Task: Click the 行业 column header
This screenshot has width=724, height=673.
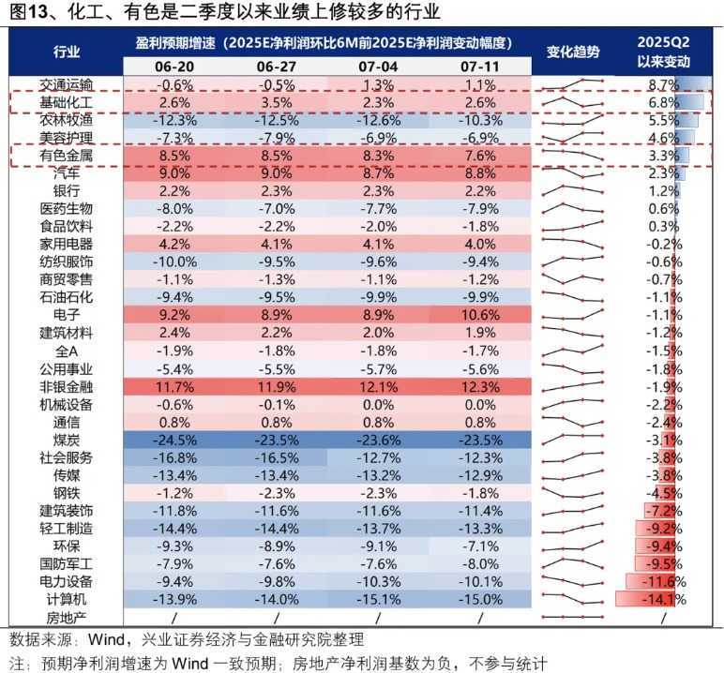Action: [x=67, y=52]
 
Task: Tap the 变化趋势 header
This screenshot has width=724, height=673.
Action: [x=573, y=52]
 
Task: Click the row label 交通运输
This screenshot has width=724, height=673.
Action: [x=67, y=85]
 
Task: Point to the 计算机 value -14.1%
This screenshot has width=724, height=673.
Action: [x=663, y=599]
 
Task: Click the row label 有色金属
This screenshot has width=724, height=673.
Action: [x=67, y=155]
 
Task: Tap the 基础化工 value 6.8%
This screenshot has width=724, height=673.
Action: [x=663, y=102]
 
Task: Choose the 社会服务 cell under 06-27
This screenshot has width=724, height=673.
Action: [x=277, y=457]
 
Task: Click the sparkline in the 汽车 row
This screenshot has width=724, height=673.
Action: [x=573, y=172]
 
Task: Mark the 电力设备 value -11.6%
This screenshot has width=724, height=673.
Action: [x=663, y=581]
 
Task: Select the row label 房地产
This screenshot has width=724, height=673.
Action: [x=67, y=617]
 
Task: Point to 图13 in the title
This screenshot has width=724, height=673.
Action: [x=24, y=12]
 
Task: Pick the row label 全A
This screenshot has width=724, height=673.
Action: [x=67, y=351]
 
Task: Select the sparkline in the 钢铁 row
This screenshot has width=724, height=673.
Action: [x=573, y=493]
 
